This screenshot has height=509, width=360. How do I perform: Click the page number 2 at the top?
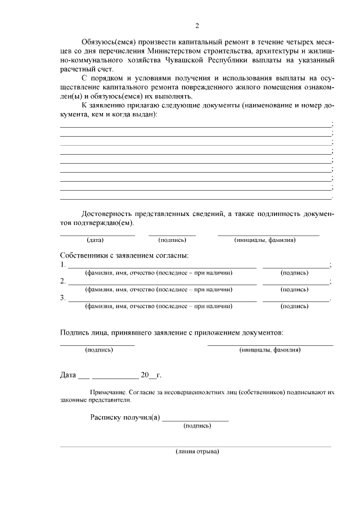pyautogui.click(x=197, y=26)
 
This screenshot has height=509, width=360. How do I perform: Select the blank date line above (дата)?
pyautogui.click(x=97, y=234)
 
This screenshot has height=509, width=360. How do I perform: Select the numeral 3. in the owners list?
pyautogui.click(x=63, y=298)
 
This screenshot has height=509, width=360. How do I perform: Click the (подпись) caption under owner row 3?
pyautogui.click(x=294, y=307)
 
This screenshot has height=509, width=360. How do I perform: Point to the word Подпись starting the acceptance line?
pyautogui.click(x=76, y=332)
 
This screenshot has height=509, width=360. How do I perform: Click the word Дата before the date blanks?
pyautogui.click(x=69, y=375)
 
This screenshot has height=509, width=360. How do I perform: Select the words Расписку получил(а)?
pyautogui.click(x=125, y=417)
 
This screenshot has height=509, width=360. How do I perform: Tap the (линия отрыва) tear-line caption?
pyautogui.click(x=197, y=452)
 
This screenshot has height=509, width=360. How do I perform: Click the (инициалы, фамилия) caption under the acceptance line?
pyautogui.click(x=269, y=350)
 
